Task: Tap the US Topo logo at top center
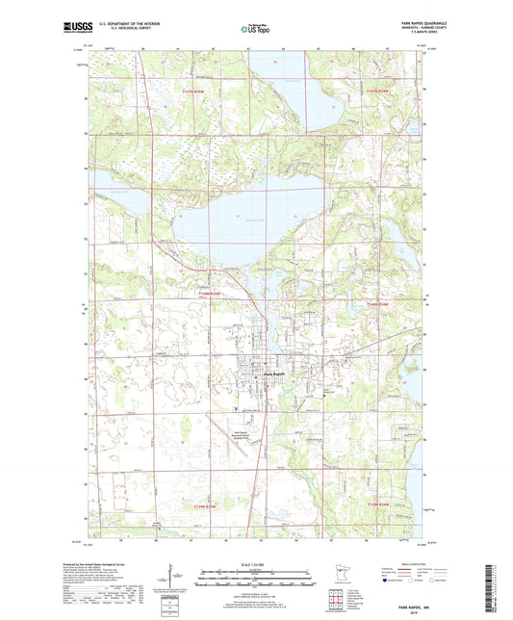[255, 30]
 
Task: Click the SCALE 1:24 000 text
[256, 563]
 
